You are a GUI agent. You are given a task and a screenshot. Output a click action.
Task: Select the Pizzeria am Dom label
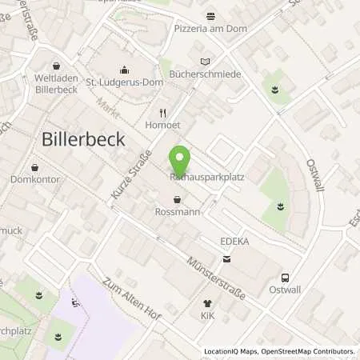click(x=211, y=29)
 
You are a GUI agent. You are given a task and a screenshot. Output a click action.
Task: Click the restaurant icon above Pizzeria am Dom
click(x=211, y=16)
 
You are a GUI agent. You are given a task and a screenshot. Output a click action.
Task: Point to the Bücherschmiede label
click(x=206, y=74)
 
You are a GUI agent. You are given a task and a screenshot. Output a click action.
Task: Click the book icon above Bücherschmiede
click(x=206, y=61)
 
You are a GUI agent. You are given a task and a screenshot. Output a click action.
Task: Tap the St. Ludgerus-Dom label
click(x=123, y=81)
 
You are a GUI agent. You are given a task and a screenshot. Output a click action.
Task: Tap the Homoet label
click(x=162, y=125)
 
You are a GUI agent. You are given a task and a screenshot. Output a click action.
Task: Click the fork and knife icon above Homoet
click(x=162, y=113)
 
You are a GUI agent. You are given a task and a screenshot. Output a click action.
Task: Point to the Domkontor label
click(x=35, y=180)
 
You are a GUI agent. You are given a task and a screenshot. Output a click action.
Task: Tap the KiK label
click(x=208, y=316)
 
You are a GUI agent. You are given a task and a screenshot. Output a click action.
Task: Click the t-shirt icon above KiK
click(x=208, y=303)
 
